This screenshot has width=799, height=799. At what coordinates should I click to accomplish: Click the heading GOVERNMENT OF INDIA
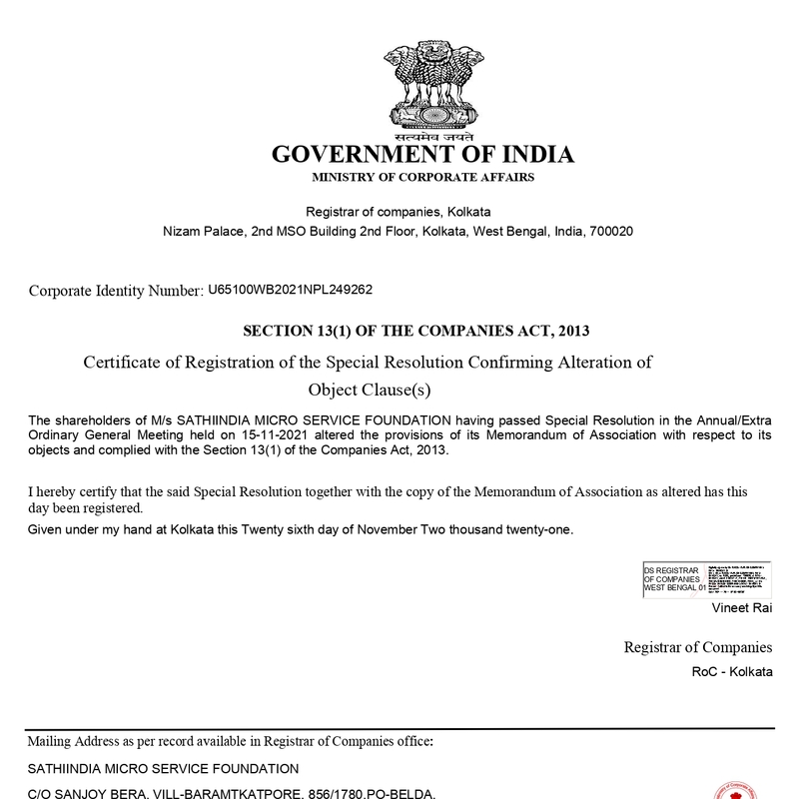423,155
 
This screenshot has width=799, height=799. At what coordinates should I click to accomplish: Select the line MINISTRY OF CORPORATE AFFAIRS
423,177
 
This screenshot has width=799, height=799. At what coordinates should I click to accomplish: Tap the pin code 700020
611,231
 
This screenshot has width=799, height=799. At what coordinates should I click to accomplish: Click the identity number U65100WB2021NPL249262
290,290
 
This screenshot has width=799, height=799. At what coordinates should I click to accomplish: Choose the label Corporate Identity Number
116,291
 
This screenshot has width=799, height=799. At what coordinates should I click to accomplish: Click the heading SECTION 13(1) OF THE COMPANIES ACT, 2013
424,330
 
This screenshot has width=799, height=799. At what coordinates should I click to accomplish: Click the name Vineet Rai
741,607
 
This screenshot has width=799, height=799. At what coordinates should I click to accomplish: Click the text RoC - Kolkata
732,671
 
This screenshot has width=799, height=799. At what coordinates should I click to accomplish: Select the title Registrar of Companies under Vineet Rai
698,647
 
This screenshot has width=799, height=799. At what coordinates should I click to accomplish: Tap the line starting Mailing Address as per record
230,741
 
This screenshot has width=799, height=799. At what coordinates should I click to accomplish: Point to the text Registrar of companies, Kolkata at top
398,212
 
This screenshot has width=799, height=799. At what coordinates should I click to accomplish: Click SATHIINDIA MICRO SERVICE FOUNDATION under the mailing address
163,768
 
